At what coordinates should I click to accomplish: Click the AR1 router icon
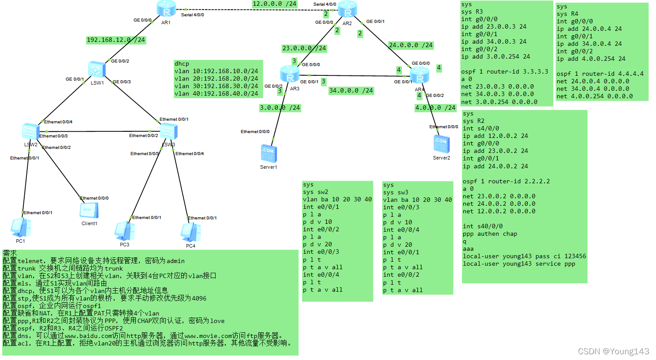click(166, 9)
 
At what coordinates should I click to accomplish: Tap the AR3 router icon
click(290, 74)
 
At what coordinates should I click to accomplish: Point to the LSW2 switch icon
click(30, 131)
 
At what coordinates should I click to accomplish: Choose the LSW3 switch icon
click(168, 132)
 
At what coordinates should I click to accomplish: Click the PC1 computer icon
click(20, 227)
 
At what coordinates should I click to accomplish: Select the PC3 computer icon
click(124, 230)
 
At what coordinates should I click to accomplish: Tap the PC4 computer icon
click(190, 232)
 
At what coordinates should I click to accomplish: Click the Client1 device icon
click(89, 211)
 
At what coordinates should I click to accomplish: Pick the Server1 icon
click(268, 154)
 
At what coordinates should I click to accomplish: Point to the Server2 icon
click(441, 144)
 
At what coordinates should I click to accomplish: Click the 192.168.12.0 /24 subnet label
click(116, 40)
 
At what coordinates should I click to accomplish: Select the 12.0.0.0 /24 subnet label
click(274, 4)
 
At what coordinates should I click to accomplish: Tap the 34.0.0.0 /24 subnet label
click(351, 91)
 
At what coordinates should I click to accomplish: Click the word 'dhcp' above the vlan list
click(182, 64)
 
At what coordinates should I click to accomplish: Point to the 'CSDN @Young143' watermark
click(613, 351)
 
